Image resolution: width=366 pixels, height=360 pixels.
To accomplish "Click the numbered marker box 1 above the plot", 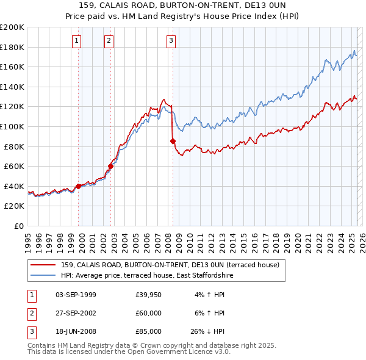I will (x=76, y=41).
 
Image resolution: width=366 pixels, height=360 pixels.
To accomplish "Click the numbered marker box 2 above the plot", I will (x=108, y=41).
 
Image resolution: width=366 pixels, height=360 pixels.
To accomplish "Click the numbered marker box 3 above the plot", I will (x=171, y=41).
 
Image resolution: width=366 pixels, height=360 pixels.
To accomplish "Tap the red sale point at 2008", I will (x=173, y=142).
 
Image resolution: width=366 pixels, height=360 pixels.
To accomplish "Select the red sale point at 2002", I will (x=111, y=166).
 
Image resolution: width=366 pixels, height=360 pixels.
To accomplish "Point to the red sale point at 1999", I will (x=78, y=186).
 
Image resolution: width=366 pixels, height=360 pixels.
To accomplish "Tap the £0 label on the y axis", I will (x=18, y=226).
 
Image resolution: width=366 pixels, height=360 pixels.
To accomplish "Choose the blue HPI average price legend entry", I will (x=146, y=276).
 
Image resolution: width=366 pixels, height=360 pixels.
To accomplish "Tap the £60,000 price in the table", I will (x=148, y=313).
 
